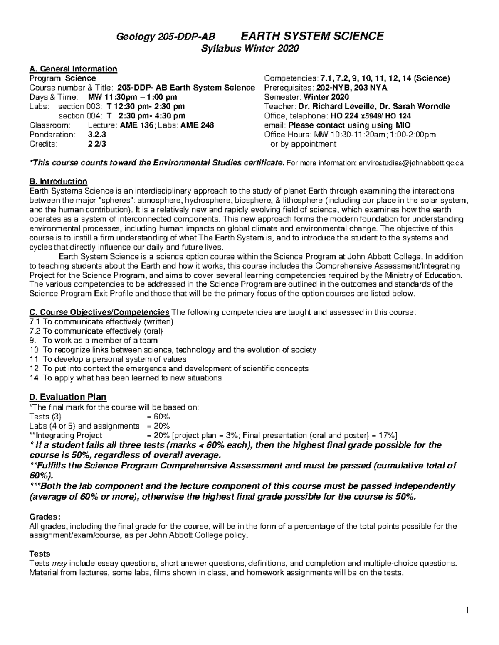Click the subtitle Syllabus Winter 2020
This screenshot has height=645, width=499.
point(250,49)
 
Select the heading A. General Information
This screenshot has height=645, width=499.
point(73,69)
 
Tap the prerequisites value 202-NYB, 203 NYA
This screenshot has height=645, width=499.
point(346,88)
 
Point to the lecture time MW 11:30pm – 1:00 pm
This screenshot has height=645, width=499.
point(133,97)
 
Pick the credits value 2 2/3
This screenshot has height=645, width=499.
point(97,144)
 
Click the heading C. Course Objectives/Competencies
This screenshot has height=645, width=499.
point(99,312)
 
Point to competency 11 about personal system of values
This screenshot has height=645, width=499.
point(108,359)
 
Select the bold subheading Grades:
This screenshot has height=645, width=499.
point(45,517)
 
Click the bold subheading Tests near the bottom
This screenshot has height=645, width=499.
point(40,554)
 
